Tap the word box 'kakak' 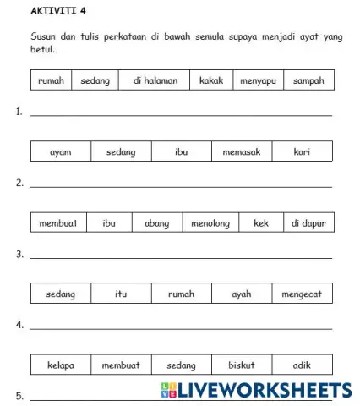pyautogui.click(x=211, y=81)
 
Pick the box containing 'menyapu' pyautogui.click(x=258, y=81)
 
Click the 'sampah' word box pyautogui.click(x=308, y=81)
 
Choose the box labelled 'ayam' pyautogui.click(x=60, y=152)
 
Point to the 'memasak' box pyautogui.click(x=242, y=152)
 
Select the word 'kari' pyautogui.click(x=303, y=152)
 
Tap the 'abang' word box pyautogui.click(x=156, y=223)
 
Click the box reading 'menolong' pyautogui.click(x=210, y=223)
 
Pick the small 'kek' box pyautogui.click(x=261, y=223)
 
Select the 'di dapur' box pyautogui.click(x=308, y=223)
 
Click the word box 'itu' pyautogui.click(x=121, y=294)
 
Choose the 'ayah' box pyautogui.click(x=242, y=294)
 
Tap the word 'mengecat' pyautogui.click(x=303, y=294)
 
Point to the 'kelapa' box pyautogui.click(x=60, y=365)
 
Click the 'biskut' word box pyautogui.click(x=242, y=365)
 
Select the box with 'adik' pyautogui.click(x=303, y=365)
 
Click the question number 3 pyautogui.click(x=19, y=254)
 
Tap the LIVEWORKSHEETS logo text pyautogui.click(x=262, y=390)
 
